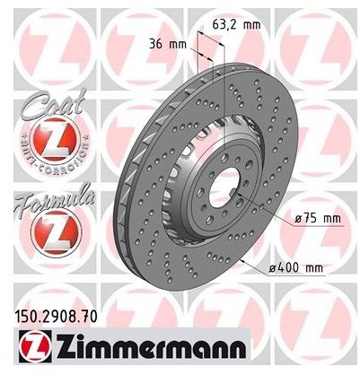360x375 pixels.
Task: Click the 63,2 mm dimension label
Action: pos(236,24)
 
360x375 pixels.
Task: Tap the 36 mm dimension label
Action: pos(168,45)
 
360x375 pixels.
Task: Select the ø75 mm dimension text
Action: pos(318,219)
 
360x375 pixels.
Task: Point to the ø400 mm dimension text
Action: pos(296,268)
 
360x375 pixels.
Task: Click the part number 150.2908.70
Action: pos(56,317)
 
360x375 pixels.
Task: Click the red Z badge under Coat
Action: pos(56,139)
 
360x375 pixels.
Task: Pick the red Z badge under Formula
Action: pos(56,232)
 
